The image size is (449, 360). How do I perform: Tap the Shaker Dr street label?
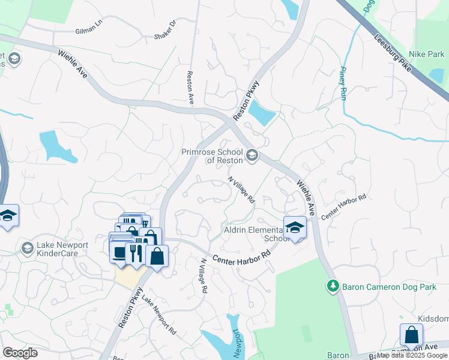click(x=166, y=30)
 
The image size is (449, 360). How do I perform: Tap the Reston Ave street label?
click(x=190, y=88)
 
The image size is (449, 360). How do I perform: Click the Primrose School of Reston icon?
click(x=252, y=156)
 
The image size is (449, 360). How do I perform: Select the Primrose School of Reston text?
click(x=212, y=156)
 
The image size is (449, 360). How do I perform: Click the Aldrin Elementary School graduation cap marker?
click(x=295, y=227)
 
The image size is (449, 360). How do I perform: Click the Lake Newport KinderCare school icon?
click(x=27, y=248)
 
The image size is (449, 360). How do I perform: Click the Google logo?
click(x=20, y=353)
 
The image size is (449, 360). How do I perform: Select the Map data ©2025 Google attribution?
click(x=412, y=356)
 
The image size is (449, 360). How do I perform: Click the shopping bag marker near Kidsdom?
click(x=411, y=334)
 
